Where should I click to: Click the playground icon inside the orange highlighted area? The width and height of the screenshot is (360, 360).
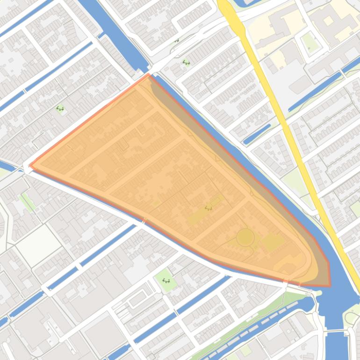(209, 208)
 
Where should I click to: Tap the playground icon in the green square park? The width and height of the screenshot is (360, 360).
(166, 281)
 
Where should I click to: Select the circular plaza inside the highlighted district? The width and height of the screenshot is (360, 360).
(245, 238)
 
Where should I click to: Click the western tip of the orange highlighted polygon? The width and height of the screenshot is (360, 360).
(31, 165)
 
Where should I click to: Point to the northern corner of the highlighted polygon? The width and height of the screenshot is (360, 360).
(148, 74)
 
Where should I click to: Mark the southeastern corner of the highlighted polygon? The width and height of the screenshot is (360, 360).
(329, 285)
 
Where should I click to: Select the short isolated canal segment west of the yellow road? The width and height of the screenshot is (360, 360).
(257, 134)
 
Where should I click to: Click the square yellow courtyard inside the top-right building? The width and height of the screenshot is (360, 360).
(329, 21)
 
